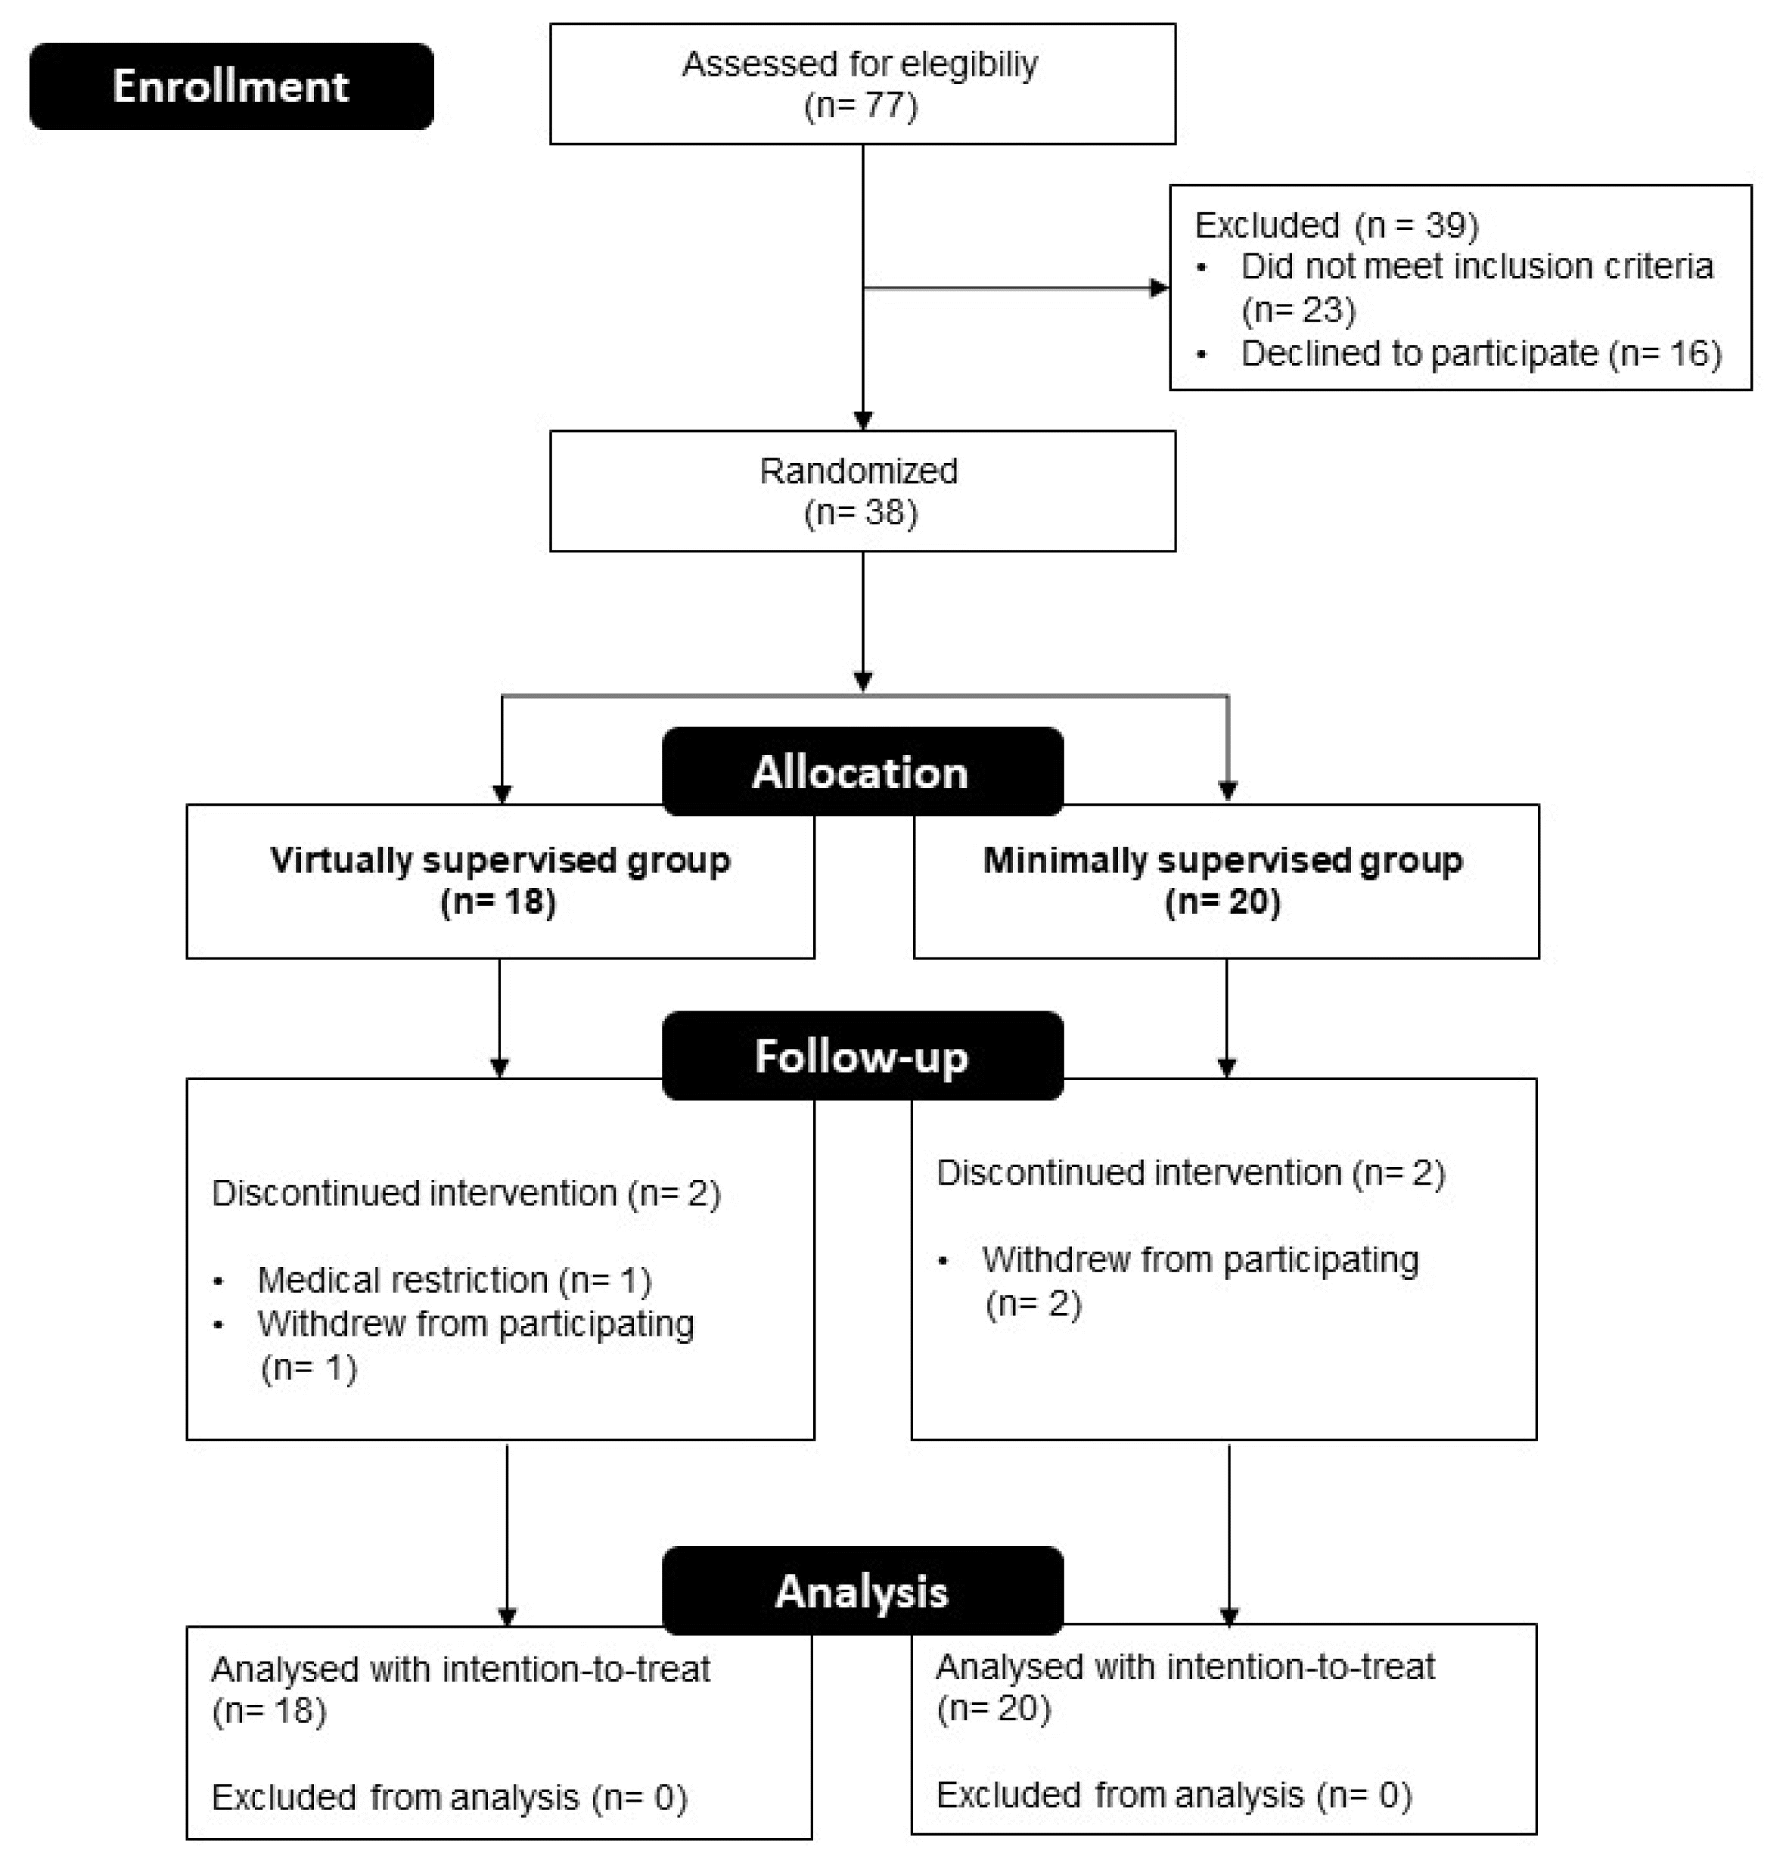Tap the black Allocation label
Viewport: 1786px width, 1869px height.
point(862,772)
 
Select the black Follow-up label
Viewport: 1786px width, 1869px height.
point(862,1056)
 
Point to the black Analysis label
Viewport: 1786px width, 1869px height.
point(862,1591)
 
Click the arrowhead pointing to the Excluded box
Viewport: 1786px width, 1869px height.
point(1160,287)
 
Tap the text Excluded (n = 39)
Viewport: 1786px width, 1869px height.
point(1337,225)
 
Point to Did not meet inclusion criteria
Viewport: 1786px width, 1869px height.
point(1477,266)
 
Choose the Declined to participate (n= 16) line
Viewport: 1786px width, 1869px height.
point(1481,354)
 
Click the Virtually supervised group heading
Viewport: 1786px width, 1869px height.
point(500,860)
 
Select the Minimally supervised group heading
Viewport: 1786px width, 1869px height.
point(1222,860)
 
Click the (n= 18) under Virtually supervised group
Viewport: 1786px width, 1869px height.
point(498,902)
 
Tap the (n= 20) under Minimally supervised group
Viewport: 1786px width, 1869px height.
point(1222,902)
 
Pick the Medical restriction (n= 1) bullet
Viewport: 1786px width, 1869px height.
point(454,1281)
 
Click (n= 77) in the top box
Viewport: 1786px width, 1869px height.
point(861,106)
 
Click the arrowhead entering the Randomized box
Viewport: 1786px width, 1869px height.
point(862,421)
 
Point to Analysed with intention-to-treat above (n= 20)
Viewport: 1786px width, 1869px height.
point(1185,1667)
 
